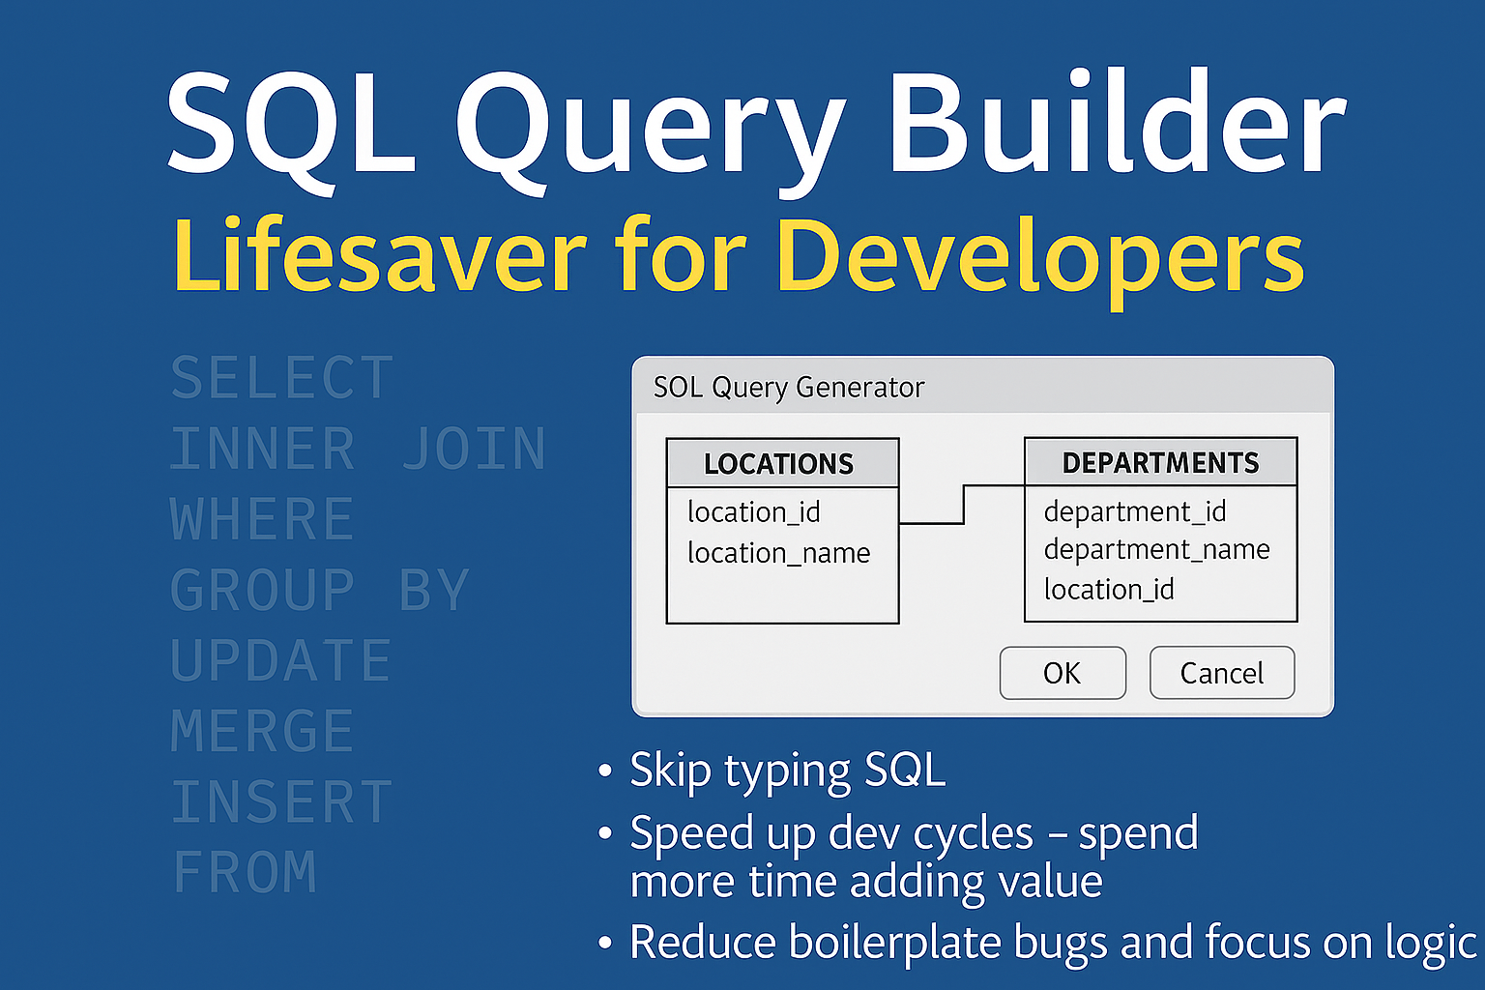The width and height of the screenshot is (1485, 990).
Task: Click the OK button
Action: [1063, 673]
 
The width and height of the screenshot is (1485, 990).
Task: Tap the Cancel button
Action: [1222, 673]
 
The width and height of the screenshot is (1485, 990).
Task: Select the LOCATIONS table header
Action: [782, 463]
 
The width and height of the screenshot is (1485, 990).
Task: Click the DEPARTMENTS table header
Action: [1161, 461]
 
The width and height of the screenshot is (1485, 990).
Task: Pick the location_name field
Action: [779, 553]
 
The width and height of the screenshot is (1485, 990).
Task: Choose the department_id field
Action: [1135, 511]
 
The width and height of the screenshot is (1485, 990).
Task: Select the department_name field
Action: [1157, 550]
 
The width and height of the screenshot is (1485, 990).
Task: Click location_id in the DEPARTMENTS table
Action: [1109, 590]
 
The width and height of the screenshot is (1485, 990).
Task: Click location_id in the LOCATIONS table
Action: [754, 512]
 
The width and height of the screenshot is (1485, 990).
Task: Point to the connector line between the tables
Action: [964, 504]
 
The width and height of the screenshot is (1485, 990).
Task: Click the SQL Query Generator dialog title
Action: [789, 388]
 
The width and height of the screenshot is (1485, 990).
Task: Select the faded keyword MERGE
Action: [263, 731]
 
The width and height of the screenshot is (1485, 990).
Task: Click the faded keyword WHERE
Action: [263, 519]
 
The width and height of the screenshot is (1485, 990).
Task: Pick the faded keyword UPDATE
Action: [281, 660]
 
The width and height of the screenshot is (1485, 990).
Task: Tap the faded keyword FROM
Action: [245, 871]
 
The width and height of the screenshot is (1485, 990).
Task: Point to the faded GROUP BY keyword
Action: [320, 590]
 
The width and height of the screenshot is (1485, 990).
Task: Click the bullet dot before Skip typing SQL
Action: [604, 771]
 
